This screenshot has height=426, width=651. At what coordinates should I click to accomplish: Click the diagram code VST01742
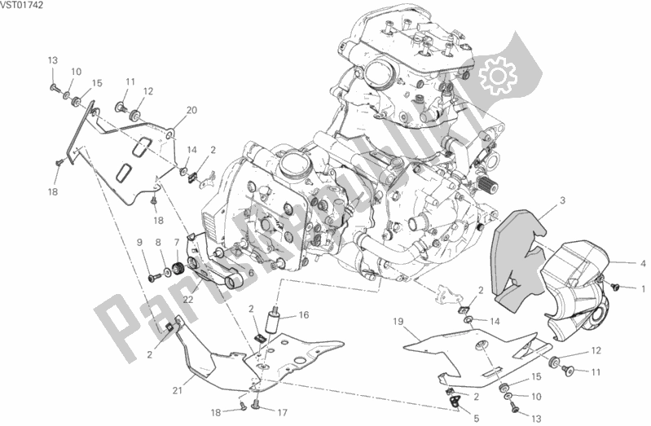point(21,6)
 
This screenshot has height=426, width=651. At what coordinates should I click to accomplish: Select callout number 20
point(191,111)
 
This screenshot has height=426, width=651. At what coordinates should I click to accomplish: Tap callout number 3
point(562,201)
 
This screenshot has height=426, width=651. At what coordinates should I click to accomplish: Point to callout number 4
point(643,263)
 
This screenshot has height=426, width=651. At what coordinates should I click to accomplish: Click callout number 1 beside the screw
point(643,288)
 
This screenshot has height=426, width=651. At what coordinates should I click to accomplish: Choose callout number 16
point(304,315)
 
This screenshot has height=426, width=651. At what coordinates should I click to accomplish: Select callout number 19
point(398,322)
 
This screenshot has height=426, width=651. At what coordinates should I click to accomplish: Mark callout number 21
point(178,391)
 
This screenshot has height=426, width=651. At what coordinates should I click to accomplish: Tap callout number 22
point(188,299)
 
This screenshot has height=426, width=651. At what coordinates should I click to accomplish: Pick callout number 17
point(283,413)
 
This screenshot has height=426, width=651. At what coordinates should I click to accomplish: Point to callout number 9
point(139,242)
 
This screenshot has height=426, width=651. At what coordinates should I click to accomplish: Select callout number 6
point(251,273)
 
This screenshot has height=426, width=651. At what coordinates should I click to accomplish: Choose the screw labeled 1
point(615,286)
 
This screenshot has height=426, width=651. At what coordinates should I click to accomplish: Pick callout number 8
point(158,242)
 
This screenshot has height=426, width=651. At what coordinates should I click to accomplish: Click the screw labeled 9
point(156,275)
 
